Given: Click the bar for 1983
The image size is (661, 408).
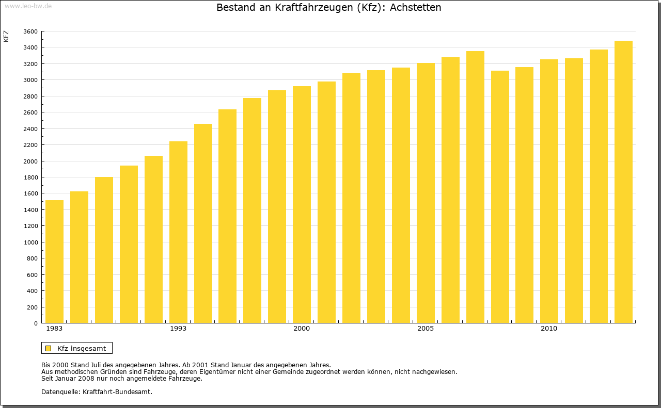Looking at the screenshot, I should click(x=54, y=262).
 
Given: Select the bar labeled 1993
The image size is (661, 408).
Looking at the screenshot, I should click(x=178, y=232).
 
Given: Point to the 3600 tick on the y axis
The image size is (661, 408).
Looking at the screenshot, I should click(x=30, y=31).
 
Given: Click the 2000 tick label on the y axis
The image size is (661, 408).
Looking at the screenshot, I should click(x=30, y=161).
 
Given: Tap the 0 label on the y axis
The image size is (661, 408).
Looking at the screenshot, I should click(x=35, y=323).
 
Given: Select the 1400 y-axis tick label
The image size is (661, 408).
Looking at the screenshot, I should click(x=30, y=210).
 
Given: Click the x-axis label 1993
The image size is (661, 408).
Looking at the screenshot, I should click(x=178, y=329).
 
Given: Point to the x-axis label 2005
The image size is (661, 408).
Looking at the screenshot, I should click(x=426, y=329).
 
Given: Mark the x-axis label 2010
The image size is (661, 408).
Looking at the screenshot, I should click(x=549, y=329).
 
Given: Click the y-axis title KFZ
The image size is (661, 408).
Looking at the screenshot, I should click(x=6, y=36).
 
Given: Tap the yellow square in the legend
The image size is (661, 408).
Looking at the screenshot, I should click(x=49, y=348).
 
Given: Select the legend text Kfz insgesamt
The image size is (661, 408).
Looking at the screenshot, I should click(x=82, y=348).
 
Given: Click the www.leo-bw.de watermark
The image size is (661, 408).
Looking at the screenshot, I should click(x=28, y=5).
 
